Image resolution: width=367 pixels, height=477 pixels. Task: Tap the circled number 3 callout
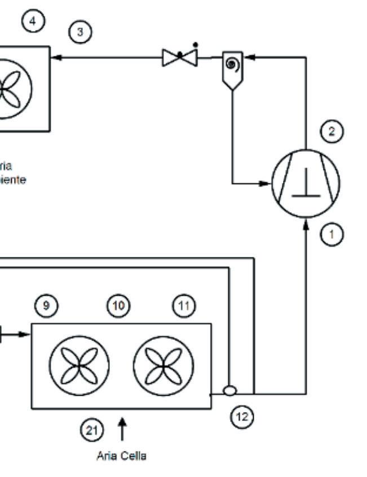click(x=80, y=32)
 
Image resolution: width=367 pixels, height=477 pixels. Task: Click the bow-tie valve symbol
click(x=180, y=57)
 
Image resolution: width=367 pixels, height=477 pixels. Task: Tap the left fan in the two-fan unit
click(x=79, y=365)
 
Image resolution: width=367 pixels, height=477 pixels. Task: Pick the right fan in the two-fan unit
click(x=163, y=365)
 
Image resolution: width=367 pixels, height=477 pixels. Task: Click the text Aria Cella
click(x=121, y=457)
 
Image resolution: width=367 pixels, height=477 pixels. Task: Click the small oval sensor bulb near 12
click(x=229, y=391)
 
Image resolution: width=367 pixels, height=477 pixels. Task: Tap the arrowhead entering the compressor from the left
click(x=267, y=183)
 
